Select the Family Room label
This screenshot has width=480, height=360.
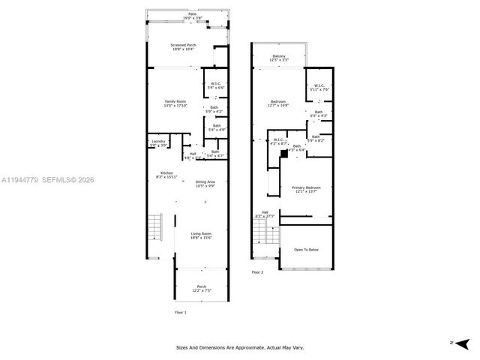175,103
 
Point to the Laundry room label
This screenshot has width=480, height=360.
157,143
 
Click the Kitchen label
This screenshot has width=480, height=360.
165,174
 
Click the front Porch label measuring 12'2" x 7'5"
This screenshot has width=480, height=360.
201,288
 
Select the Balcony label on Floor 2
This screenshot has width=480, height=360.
279,57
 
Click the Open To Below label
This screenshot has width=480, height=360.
308,250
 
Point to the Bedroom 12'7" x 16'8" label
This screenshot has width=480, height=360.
279,103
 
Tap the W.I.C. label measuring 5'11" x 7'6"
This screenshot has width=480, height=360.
319,87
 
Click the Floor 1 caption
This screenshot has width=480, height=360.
180,312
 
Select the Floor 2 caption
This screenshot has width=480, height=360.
257,272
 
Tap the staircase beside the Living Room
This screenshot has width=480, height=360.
155,224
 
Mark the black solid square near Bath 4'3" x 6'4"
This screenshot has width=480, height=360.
284,152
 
